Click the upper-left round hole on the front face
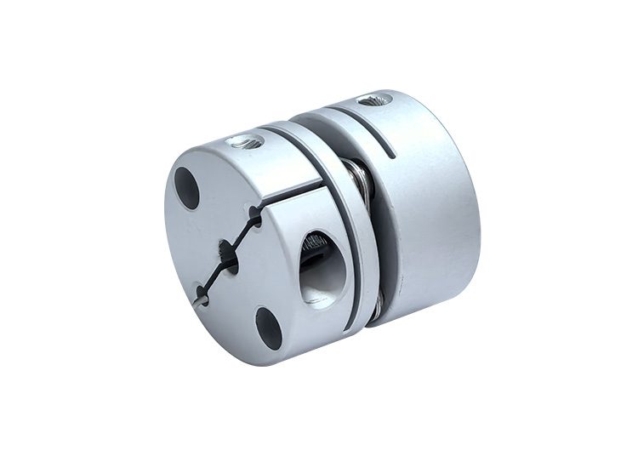(x=187, y=188)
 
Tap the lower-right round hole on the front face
(x=269, y=328)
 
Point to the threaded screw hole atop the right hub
(x=374, y=100)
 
